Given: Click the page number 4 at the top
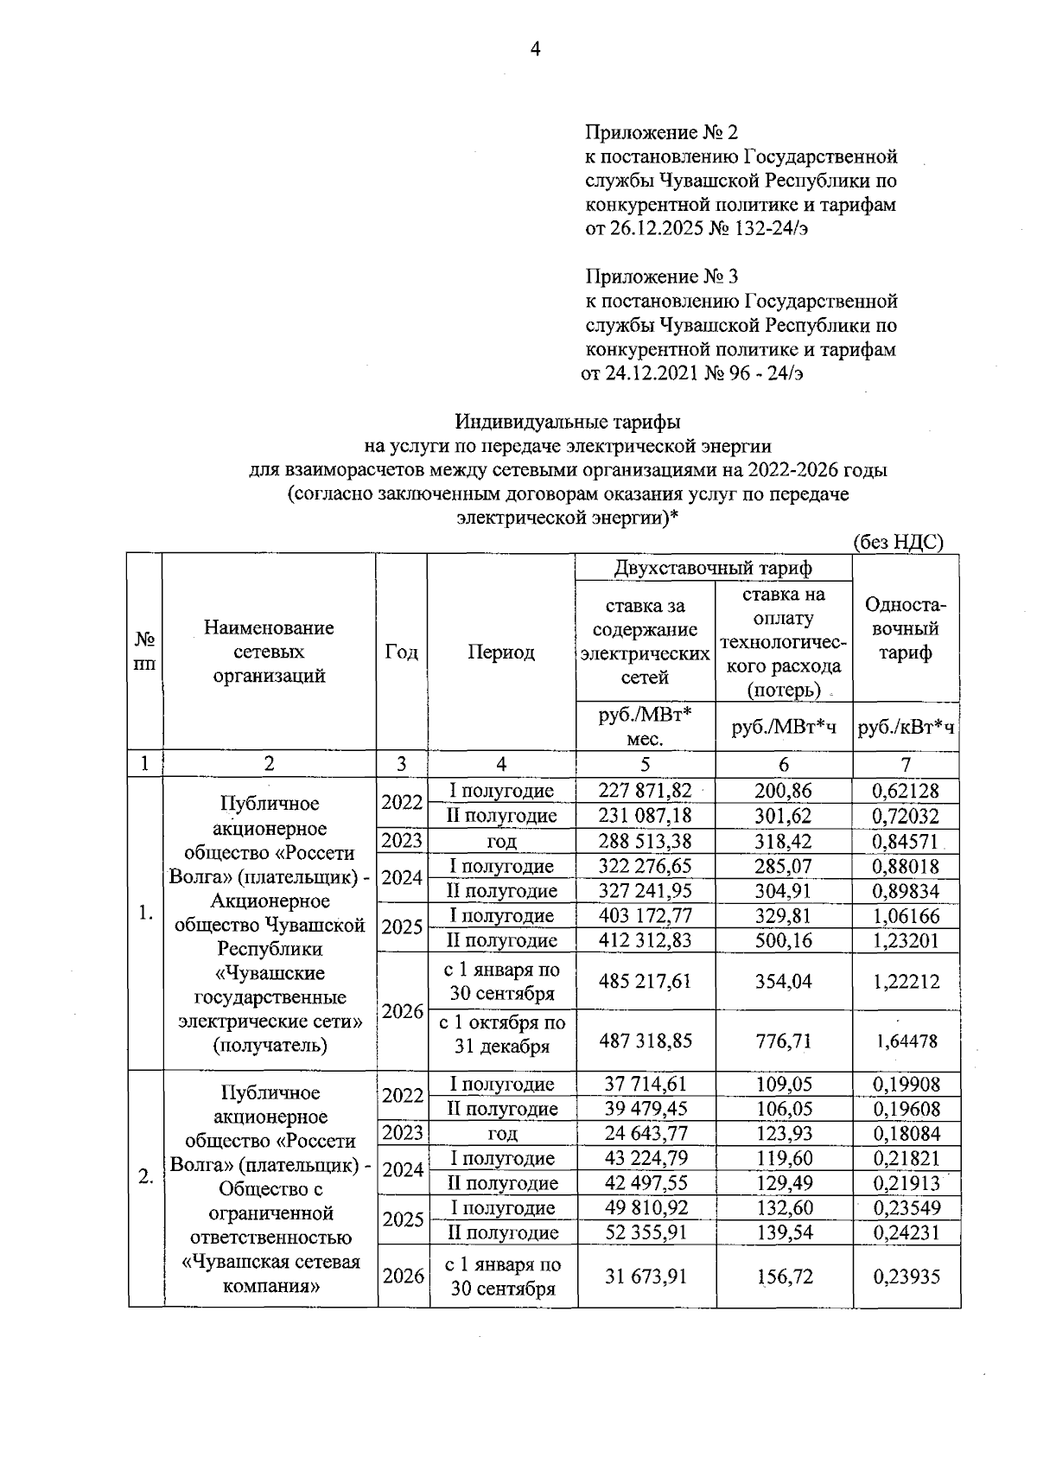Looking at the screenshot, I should click(534, 50).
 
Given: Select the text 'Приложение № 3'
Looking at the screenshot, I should click(661, 277).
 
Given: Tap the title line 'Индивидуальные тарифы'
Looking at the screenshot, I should click(568, 422).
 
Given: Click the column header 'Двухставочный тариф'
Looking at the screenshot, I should click(713, 568).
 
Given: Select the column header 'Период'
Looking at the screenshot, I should click(501, 652).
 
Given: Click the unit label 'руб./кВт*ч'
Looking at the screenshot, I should click(906, 728).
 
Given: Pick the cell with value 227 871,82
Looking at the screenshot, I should click(646, 791).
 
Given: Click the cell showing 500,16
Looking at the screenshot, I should click(783, 940).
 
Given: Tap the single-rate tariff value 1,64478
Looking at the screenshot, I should click(906, 1041).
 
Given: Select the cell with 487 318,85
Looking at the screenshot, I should click(646, 1041).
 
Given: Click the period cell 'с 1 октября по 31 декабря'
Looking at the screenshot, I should click(502, 1034).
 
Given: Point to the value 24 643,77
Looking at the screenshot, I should click(646, 1133).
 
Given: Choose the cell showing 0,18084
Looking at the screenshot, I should click(906, 1133).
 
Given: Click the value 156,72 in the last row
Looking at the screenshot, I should click(783, 1276).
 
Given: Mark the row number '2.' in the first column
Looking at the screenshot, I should click(145, 1176).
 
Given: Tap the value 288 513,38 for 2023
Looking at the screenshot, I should click(646, 841).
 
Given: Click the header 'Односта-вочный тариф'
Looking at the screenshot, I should click(906, 628).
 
